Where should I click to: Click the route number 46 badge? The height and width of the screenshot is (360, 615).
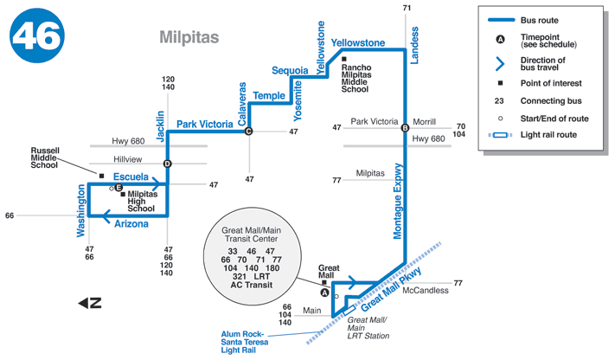[37, 37]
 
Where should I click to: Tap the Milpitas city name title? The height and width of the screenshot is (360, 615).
[189, 37]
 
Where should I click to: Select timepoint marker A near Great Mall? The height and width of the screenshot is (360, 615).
[325, 292]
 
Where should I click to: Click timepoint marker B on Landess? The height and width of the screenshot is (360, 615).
[405, 129]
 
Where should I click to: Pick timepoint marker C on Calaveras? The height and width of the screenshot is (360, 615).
[248, 132]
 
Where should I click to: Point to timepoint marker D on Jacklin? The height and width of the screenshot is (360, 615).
[168, 164]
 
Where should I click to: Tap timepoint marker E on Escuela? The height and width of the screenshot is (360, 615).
[119, 187]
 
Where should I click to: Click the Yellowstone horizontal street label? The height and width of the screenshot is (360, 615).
[358, 42]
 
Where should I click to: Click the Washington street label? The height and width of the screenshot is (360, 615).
[81, 211]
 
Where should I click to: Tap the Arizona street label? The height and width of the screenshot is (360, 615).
[131, 224]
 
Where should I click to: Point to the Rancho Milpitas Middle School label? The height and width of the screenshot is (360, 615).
[356, 78]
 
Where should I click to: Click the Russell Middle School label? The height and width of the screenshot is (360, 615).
[44, 157]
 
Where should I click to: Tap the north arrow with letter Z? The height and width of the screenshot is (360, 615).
[90, 303]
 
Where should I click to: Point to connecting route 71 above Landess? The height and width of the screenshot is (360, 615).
[407, 8]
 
